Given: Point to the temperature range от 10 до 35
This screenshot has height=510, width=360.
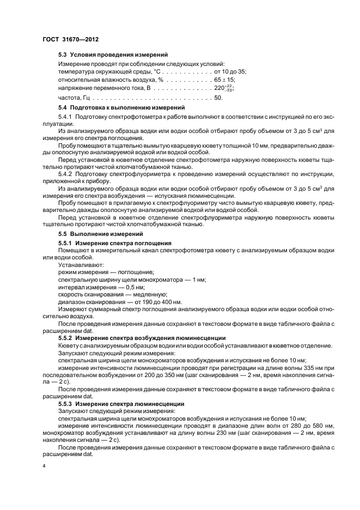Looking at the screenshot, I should tap(230, 71).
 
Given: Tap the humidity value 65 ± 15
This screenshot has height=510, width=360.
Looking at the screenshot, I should tap(224, 79).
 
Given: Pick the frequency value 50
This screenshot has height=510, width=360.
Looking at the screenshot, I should tap(218, 98).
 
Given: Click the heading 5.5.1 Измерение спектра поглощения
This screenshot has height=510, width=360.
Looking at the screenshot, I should tap(115, 242).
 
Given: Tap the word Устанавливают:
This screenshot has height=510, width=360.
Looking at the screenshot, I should tap(77, 265).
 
